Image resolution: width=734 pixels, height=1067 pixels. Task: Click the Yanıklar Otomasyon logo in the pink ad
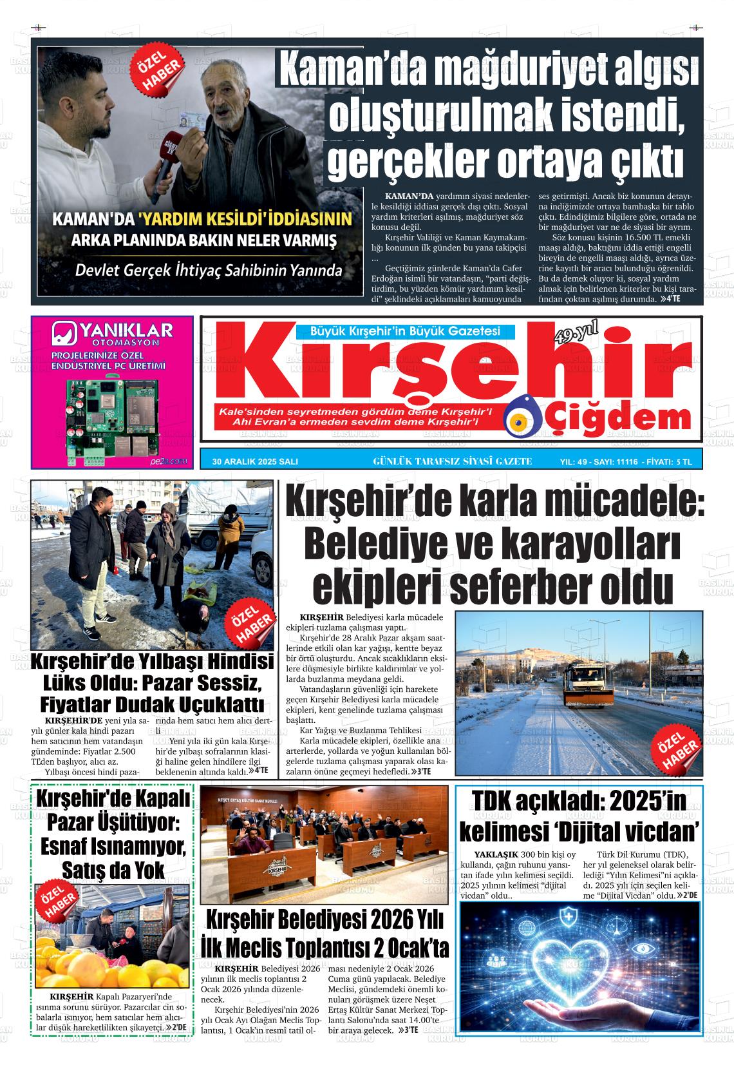[112, 336]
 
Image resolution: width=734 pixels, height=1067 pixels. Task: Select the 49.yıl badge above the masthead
[575, 334]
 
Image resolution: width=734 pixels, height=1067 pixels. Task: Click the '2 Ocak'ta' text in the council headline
[402, 948]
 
